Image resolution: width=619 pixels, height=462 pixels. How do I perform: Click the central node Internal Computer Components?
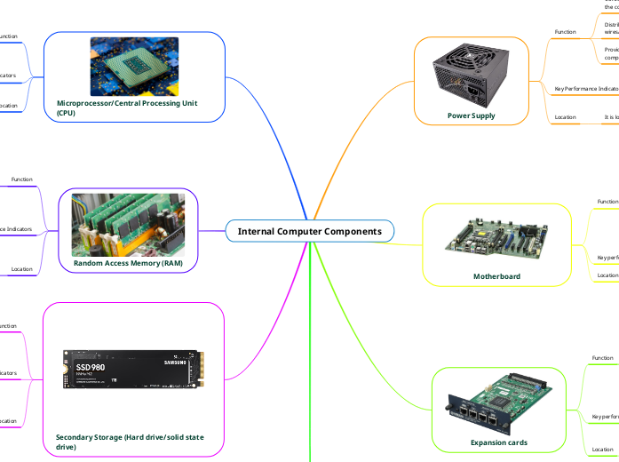coord(309,231)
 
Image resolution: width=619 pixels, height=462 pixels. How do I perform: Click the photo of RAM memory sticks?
coord(128,223)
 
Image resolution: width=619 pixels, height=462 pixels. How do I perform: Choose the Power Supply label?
coord(472,115)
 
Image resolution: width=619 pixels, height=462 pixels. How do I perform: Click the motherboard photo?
coord(496,239)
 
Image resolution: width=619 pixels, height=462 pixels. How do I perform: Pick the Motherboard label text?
coord(496,276)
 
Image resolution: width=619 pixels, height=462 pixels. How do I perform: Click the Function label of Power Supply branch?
coord(565,32)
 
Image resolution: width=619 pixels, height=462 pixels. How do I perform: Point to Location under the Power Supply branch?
coord(565,116)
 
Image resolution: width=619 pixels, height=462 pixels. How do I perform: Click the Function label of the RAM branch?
coord(21,179)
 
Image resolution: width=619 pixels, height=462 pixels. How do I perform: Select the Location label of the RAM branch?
coord(21,268)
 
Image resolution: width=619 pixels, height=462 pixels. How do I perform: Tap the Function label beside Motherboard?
coord(607,202)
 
